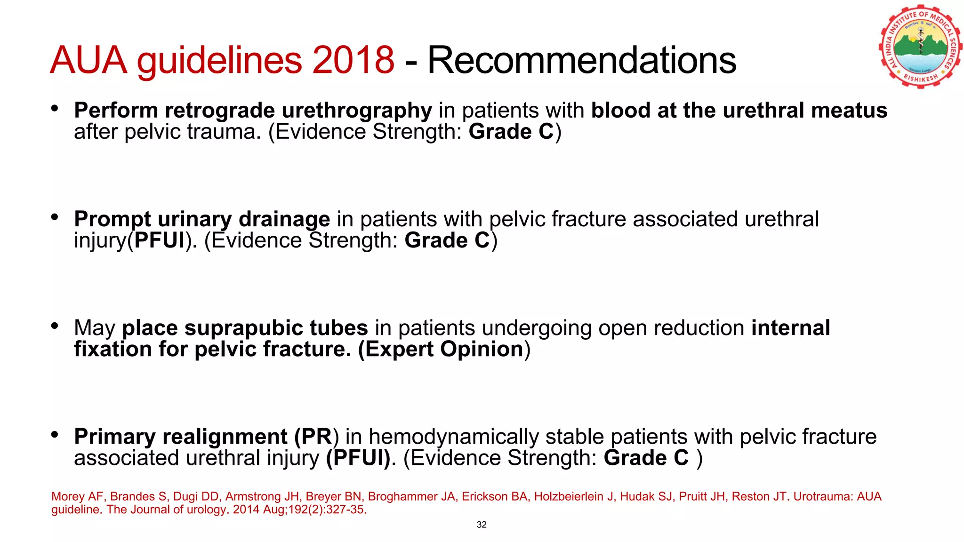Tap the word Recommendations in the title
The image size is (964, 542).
581,60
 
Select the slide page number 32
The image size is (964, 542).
482,525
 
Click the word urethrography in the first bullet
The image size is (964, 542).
356,111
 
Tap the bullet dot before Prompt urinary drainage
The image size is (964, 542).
55,217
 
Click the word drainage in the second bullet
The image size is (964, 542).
284,219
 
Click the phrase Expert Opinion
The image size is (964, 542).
444,349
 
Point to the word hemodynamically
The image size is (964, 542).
453,437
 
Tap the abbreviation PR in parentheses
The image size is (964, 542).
316,437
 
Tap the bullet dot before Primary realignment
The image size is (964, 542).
55,435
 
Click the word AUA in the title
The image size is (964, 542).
88,60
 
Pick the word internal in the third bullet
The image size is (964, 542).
790,328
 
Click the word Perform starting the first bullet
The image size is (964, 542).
116,111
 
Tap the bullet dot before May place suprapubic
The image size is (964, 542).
55,326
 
